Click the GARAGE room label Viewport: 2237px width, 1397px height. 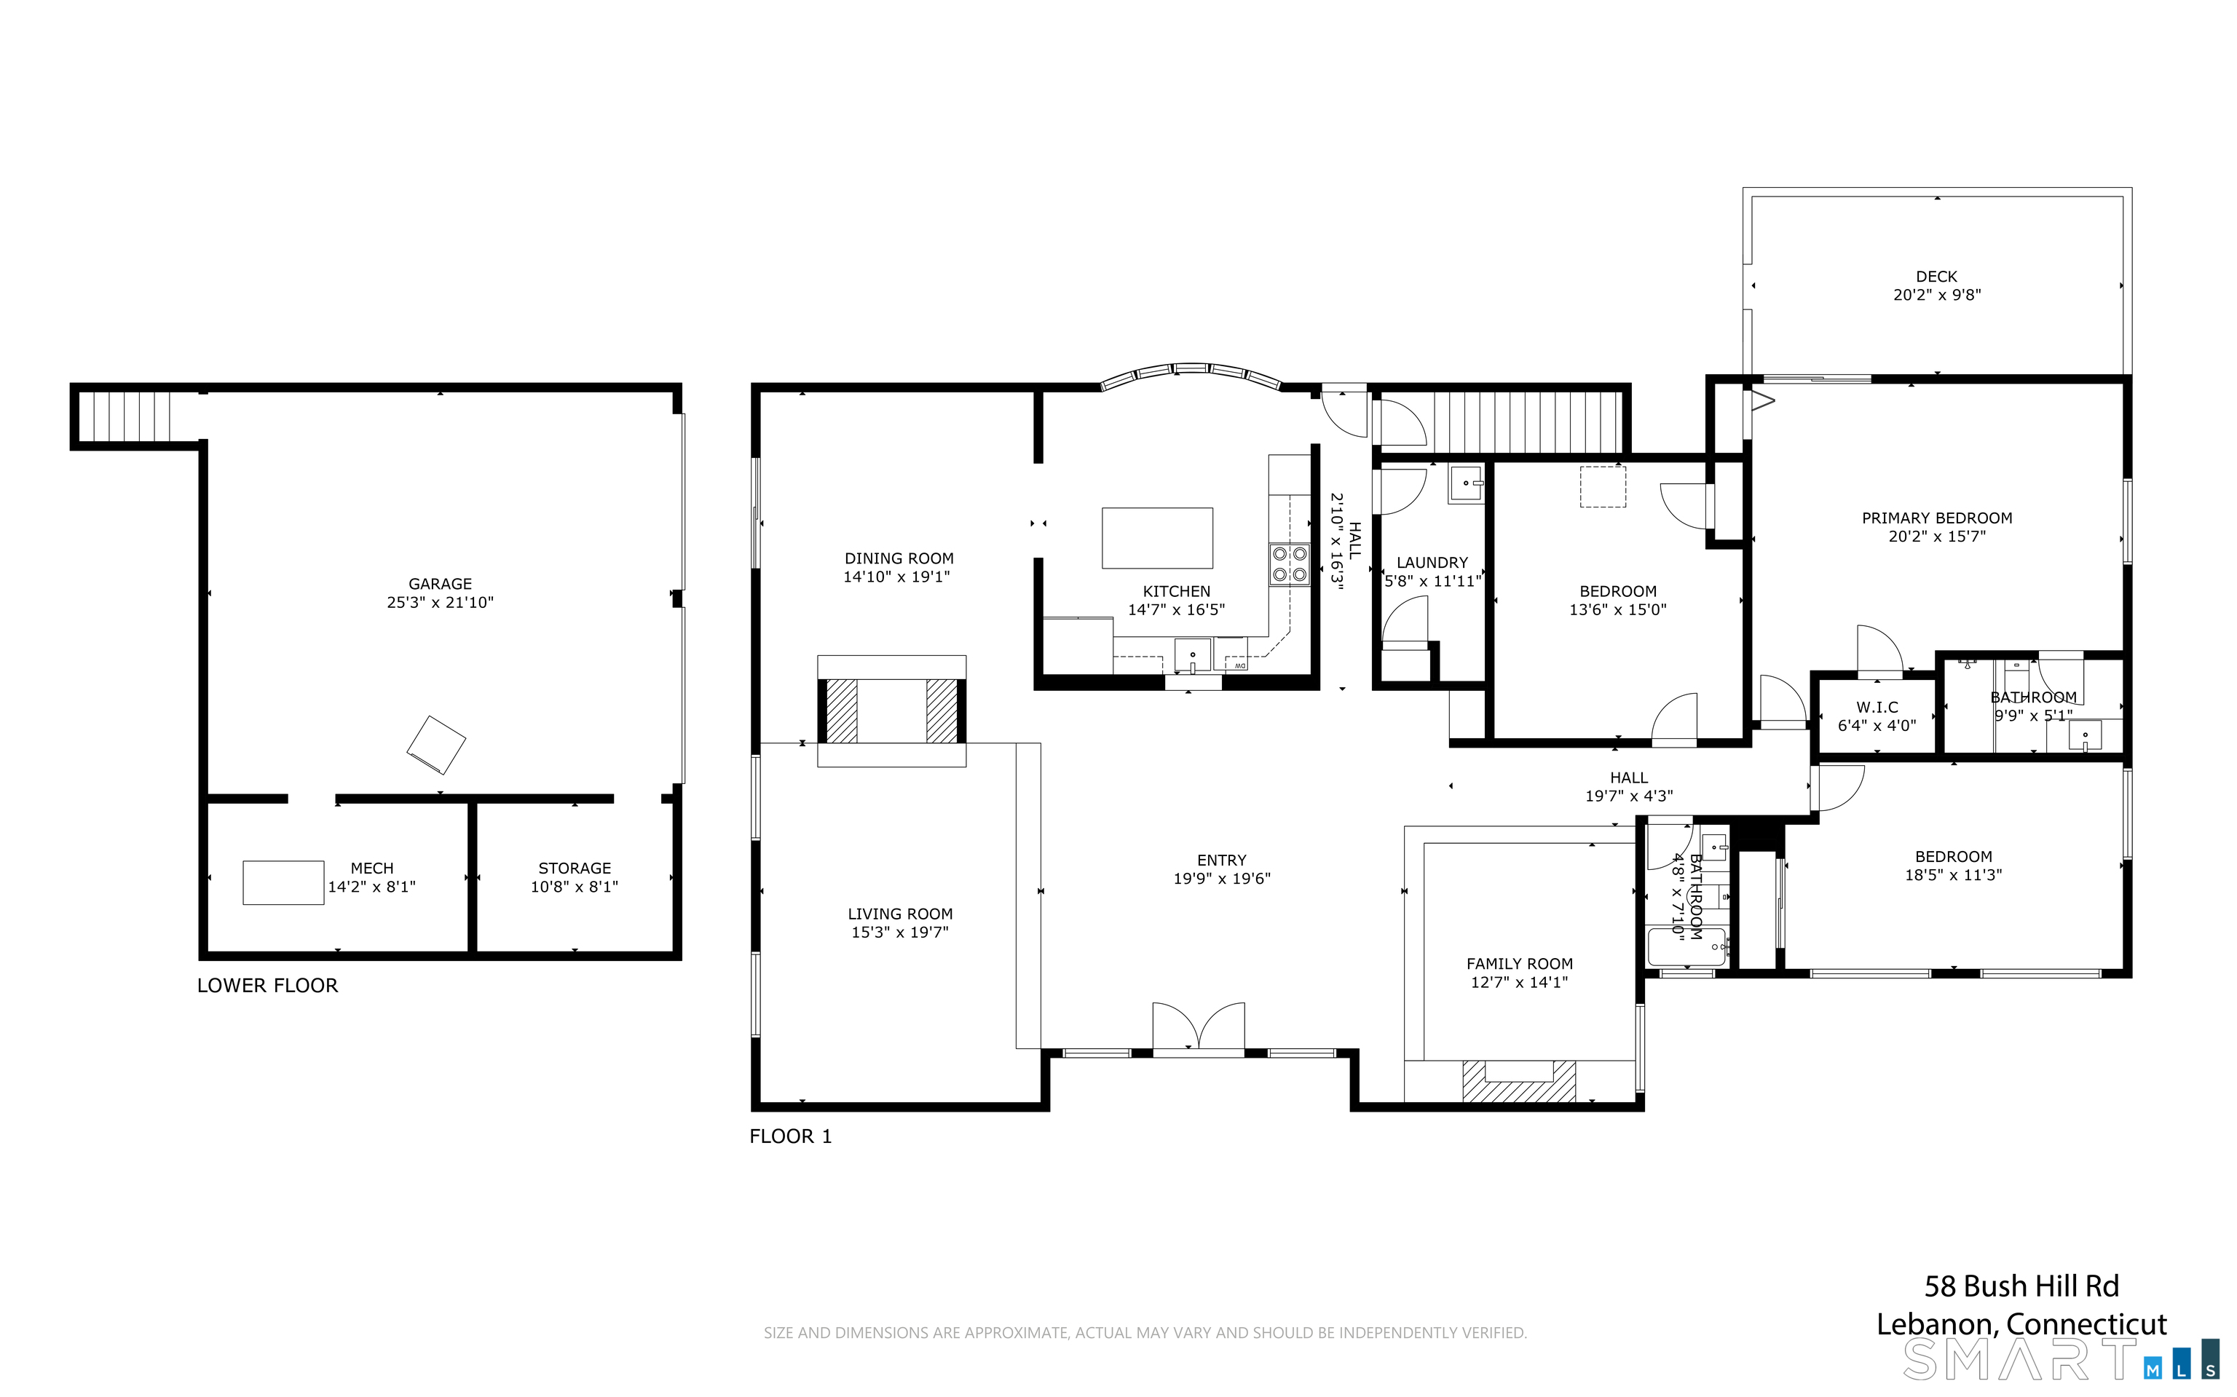point(440,584)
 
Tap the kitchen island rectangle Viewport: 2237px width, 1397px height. point(1157,538)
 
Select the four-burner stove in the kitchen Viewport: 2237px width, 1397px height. point(1289,563)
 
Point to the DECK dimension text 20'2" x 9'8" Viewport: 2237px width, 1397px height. point(1937,295)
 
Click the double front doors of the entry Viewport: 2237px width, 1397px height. point(1199,1026)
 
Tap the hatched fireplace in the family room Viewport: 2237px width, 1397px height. point(1519,1081)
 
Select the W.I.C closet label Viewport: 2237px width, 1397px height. point(1877,707)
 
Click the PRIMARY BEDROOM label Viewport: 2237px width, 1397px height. point(1937,518)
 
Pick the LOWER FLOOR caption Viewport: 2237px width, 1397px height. point(268,986)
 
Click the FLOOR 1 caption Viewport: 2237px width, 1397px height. point(791,1136)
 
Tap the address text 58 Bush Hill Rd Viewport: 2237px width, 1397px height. point(2021,1286)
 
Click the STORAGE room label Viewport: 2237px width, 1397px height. point(575,868)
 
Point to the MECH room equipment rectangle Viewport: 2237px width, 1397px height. point(284,882)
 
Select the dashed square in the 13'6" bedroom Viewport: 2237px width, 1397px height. point(1603,487)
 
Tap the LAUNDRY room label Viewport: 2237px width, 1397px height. point(1432,563)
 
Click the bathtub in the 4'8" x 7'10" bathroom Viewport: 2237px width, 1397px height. point(1687,948)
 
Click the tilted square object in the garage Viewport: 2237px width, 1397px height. point(436,745)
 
